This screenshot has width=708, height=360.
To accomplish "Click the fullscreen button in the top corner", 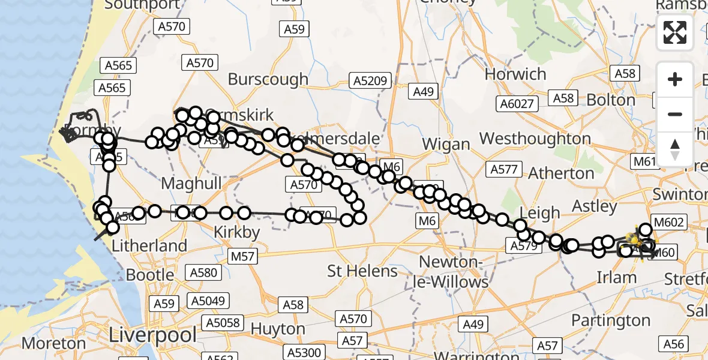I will click(675, 32).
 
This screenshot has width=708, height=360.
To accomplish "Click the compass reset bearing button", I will click(675, 149).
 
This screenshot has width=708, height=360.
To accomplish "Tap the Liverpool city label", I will click(152, 335).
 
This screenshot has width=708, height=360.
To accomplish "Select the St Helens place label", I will click(362, 271).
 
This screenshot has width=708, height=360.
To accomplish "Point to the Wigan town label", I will click(446, 144).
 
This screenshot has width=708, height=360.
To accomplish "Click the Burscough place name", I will click(268, 79).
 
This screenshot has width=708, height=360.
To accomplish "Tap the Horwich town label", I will click(515, 74).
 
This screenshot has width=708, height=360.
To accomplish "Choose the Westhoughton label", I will click(536, 139).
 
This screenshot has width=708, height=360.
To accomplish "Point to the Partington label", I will click(611, 320).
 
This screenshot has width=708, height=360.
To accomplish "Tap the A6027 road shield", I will click(517, 104).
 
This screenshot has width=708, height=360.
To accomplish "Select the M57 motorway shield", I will click(243, 257).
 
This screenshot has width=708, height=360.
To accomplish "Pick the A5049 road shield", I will click(208, 300).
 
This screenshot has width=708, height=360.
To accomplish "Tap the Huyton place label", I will click(278, 329).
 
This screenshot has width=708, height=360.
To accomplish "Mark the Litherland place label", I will click(149, 245).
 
